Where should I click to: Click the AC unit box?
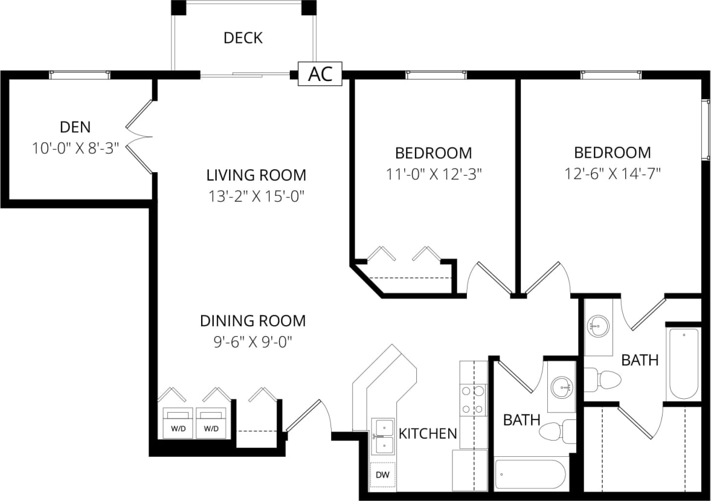click(x=320, y=74)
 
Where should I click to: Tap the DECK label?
click(x=243, y=38)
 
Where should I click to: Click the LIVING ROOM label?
click(x=256, y=175)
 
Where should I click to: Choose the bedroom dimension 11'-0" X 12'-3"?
click(x=433, y=174)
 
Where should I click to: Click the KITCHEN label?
click(x=428, y=433)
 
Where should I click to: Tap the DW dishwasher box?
click(x=382, y=475)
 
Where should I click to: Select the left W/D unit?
click(x=178, y=422)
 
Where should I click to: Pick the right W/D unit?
click(x=211, y=422)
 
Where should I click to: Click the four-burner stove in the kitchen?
click(x=472, y=400)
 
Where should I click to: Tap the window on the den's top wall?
click(x=80, y=74)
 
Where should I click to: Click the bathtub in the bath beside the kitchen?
click(x=530, y=474)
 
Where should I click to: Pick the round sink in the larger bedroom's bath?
click(x=597, y=327)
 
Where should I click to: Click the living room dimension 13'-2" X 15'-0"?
click(x=256, y=196)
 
